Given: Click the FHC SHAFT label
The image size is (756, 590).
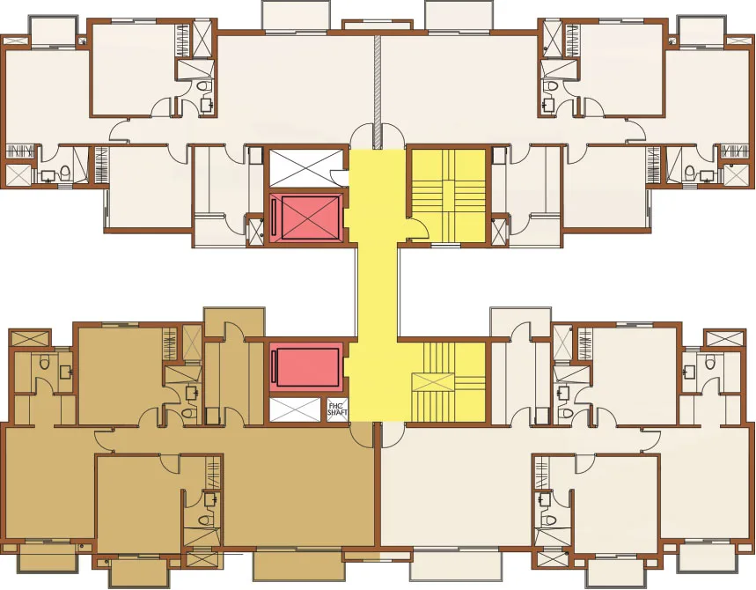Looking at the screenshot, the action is [x=337, y=410].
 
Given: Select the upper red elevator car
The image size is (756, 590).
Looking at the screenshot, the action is [x=306, y=217].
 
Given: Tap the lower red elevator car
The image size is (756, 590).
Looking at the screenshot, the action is [x=306, y=366].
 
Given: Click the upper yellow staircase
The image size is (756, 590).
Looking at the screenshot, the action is [x=447, y=195].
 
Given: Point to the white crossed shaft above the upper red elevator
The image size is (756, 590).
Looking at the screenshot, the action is [x=305, y=168].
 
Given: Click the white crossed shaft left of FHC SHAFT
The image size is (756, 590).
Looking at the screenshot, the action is [x=295, y=409].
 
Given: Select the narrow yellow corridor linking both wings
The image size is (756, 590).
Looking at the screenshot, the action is [x=377, y=290].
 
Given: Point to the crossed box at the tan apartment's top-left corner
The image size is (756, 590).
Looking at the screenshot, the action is [x=30, y=337].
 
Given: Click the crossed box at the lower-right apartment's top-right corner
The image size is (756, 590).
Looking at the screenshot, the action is [x=724, y=337].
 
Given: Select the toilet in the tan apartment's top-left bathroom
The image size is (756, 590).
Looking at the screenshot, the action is [x=45, y=362].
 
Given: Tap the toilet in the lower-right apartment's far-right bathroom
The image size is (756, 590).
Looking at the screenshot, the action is [x=710, y=362].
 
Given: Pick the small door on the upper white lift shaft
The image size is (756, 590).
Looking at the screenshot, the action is [x=337, y=177].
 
